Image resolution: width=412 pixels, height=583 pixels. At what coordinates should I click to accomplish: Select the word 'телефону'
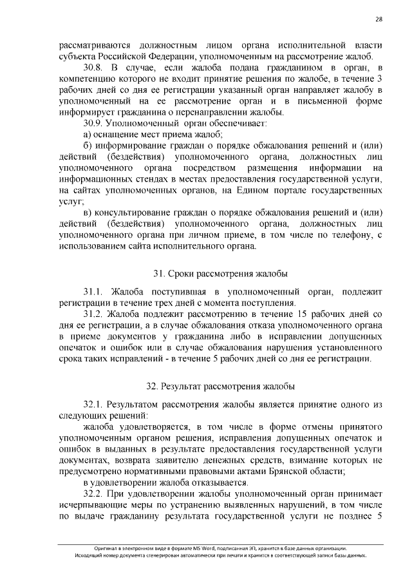coord(348,234)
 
